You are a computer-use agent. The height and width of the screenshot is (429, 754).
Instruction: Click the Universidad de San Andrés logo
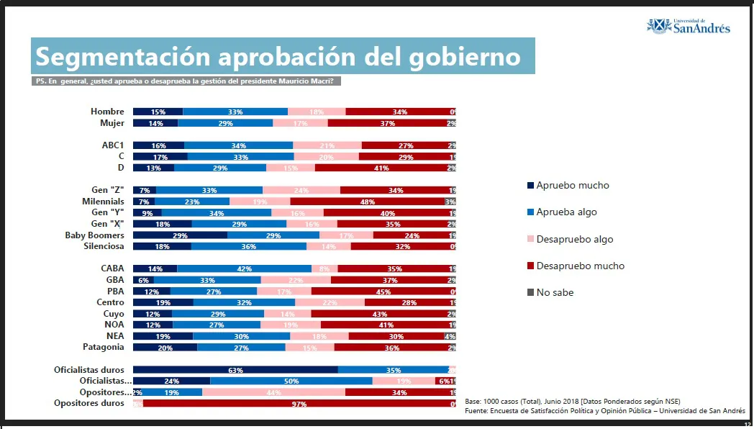click(689, 26)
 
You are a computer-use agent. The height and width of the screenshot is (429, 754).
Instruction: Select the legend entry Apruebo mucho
click(573, 186)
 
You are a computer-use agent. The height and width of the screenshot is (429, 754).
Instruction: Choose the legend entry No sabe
click(554, 292)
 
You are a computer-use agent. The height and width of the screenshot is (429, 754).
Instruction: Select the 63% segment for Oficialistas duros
click(235, 370)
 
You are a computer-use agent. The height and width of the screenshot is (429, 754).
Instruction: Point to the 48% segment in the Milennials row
click(367, 202)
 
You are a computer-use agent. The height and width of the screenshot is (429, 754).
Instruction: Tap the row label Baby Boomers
click(94, 235)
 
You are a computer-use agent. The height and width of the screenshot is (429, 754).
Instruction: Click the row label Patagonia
click(104, 347)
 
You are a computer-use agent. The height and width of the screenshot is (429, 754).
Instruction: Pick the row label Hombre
click(107, 112)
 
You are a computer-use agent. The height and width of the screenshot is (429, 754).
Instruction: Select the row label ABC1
click(113, 145)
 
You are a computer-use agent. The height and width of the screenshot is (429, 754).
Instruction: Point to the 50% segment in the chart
click(291, 381)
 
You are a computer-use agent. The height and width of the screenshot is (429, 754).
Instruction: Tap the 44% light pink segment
click(273, 392)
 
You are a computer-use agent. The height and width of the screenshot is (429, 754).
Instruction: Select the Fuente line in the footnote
click(604, 410)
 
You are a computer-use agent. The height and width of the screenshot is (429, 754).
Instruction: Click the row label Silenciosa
click(104, 246)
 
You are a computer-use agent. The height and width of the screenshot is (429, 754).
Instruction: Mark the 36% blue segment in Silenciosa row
click(248, 246)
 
